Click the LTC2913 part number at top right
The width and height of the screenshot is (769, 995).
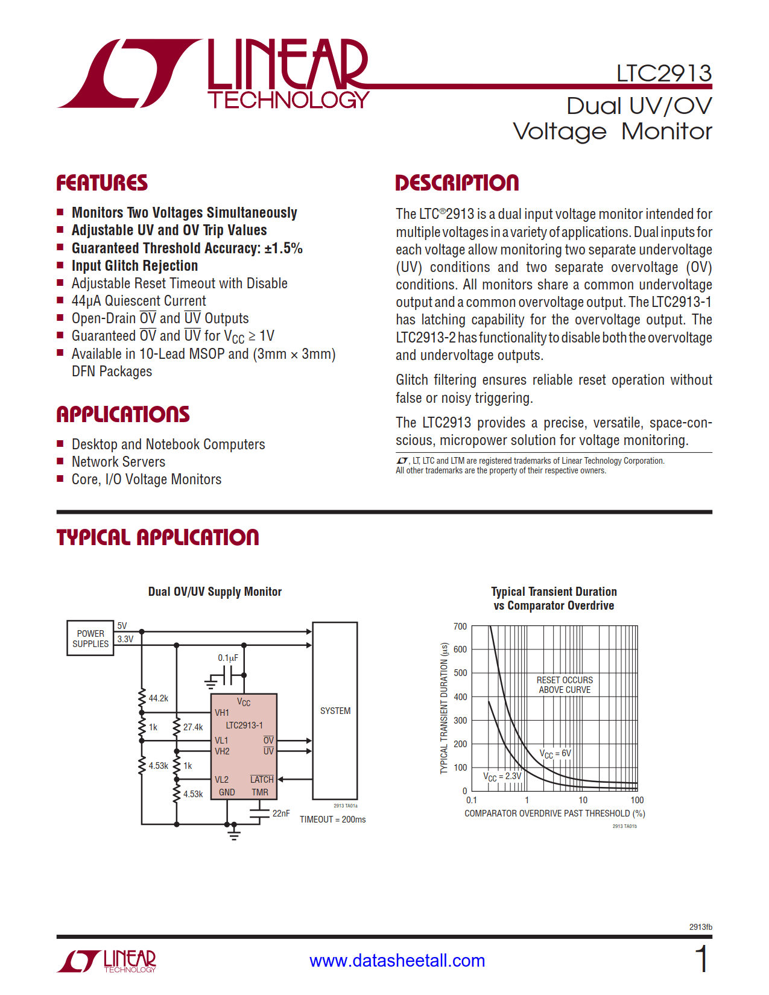click(663, 74)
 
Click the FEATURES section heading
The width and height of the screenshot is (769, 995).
click(102, 183)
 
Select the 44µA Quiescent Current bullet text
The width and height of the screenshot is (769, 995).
click(139, 301)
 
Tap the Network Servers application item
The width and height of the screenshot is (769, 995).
click(118, 462)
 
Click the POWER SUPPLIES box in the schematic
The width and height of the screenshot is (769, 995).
click(90, 639)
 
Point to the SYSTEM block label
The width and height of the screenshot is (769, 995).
click(335, 711)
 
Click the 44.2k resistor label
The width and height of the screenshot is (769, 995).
click(159, 698)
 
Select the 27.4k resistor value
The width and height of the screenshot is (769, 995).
click(193, 727)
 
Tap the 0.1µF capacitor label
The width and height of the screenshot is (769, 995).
click(228, 658)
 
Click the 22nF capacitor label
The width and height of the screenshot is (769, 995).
click(281, 813)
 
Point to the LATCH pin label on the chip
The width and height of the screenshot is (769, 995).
click(262, 780)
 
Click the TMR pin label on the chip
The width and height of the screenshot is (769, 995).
click(260, 792)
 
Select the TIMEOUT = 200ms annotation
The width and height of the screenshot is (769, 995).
click(332, 820)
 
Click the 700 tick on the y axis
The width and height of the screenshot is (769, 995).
click(460, 627)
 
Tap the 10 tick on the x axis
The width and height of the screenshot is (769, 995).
click(583, 800)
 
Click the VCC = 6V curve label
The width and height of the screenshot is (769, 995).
click(555, 754)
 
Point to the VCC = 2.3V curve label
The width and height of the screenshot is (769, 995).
click(502, 777)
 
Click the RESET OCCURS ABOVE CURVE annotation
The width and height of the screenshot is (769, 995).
click(565, 685)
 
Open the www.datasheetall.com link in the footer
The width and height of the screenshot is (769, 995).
click(397, 961)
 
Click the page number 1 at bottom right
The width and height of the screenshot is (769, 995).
click(701, 959)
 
